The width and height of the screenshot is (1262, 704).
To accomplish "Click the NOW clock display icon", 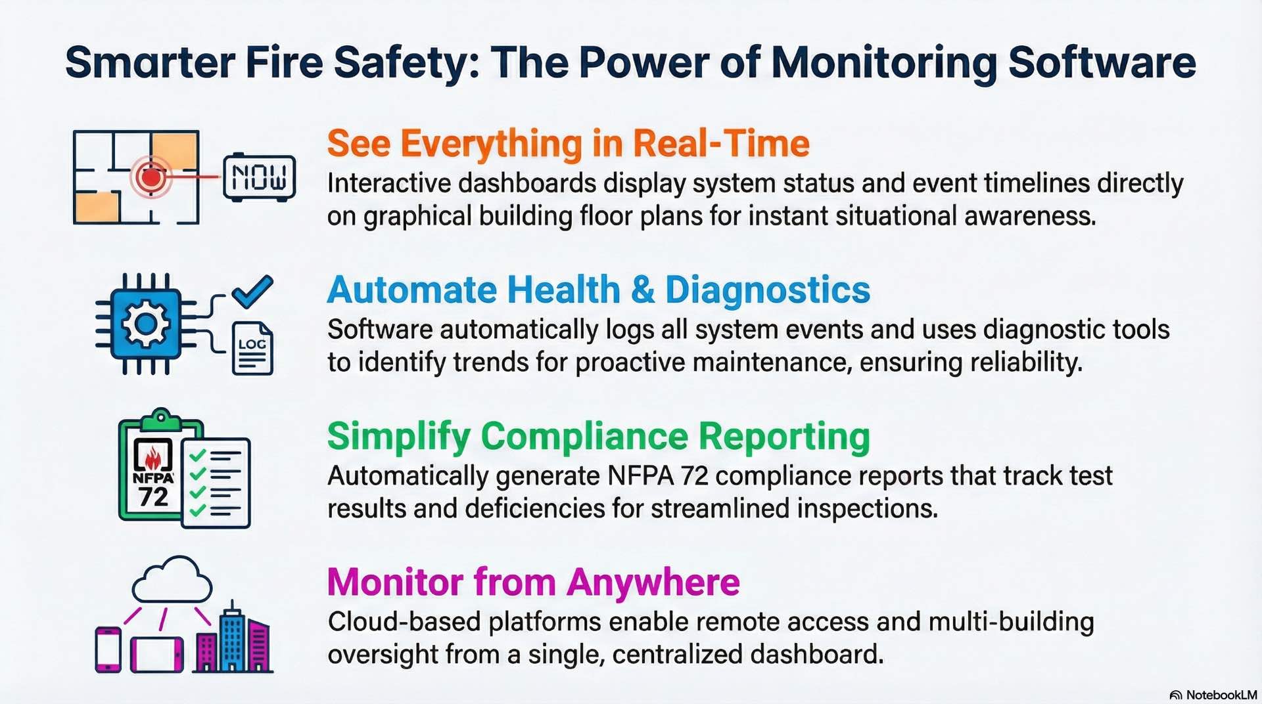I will [x=259, y=177].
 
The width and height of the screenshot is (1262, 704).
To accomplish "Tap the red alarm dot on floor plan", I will [x=151, y=177].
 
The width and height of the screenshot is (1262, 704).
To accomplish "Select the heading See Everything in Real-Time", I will [x=568, y=143].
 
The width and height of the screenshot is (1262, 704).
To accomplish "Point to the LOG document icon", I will [x=252, y=349].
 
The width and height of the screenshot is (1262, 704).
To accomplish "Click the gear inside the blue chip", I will [x=146, y=324].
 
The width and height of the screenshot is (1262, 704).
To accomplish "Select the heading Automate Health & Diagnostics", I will [x=598, y=290].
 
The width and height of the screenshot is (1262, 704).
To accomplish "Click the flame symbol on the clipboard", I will [x=152, y=456].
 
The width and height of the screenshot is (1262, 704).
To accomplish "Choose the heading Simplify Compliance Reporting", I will [x=598, y=436].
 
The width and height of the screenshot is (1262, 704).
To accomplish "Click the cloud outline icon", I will [x=172, y=581].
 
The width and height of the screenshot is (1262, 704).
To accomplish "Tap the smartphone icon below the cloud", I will [x=108, y=649].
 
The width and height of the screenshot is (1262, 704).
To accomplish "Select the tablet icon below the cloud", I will [x=156, y=655].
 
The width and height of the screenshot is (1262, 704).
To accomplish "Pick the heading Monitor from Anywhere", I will [x=533, y=582].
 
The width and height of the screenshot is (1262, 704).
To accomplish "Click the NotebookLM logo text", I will [x=1220, y=695].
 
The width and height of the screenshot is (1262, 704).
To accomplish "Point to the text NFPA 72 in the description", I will [x=657, y=476].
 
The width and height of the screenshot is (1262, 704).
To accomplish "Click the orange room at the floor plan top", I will [x=174, y=150].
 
